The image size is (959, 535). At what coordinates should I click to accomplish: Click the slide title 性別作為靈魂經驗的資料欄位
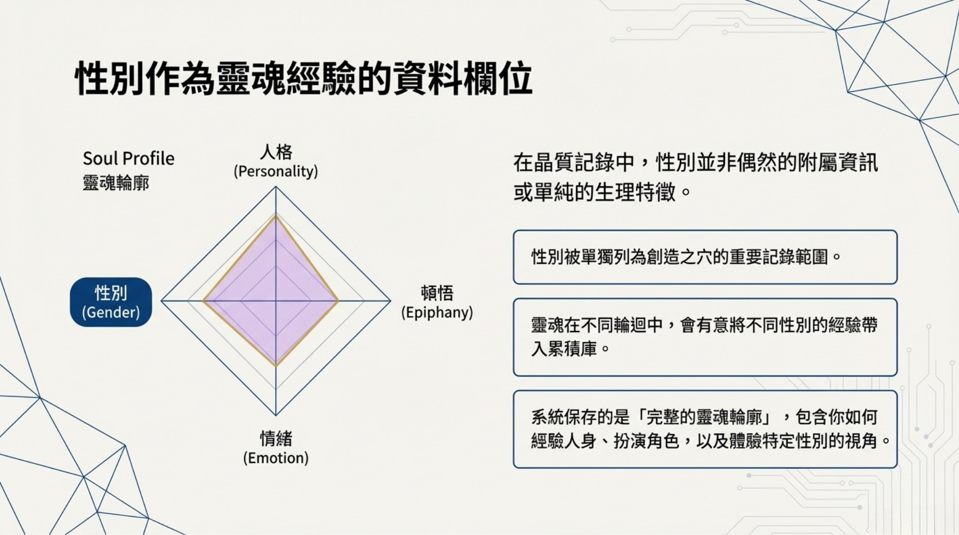304,78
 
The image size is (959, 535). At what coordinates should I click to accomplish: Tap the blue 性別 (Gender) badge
111,302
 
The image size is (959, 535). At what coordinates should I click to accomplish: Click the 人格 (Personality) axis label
276,161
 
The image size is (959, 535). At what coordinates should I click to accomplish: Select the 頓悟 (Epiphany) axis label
437,302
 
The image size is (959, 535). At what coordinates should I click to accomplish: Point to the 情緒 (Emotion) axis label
276,448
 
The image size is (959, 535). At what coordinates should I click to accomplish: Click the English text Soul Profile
129,158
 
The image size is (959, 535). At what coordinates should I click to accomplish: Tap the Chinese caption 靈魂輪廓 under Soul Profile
116,183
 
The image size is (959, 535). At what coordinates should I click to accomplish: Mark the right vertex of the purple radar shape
338,301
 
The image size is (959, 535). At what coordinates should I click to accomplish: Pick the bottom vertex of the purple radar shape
276,365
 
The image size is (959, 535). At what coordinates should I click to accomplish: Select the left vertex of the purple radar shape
203,301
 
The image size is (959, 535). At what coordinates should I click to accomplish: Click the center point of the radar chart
276,301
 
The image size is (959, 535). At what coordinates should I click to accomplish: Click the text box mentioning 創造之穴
705,257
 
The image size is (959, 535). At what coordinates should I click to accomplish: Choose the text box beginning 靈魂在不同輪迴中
705,337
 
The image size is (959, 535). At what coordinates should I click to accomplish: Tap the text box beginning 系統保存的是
705,429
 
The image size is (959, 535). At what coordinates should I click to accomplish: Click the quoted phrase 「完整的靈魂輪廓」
705,417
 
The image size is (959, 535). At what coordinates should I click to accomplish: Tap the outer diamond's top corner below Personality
276,187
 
